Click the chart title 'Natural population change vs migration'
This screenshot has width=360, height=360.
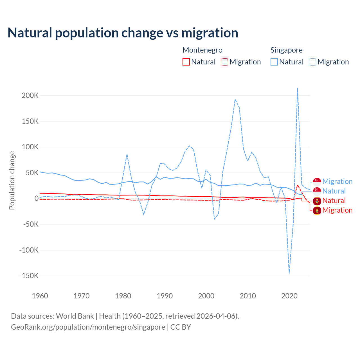click(x=123, y=33)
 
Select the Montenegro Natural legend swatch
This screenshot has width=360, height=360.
click(x=186, y=62)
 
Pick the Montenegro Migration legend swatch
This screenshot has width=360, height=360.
click(x=224, y=62)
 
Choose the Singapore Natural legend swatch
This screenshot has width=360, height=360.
click(x=274, y=62)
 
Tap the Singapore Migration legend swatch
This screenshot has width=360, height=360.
click(x=312, y=62)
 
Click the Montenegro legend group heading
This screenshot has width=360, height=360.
click(x=202, y=50)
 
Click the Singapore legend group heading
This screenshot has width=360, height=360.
click(x=287, y=50)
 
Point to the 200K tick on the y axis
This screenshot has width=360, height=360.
click(x=30, y=95)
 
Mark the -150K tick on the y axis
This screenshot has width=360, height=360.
click(x=29, y=276)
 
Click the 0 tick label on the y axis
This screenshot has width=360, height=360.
click(x=36, y=198)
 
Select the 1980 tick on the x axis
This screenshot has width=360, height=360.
click(x=123, y=296)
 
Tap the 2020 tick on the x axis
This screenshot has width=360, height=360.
click(x=289, y=296)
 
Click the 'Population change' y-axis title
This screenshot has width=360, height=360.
click(x=12, y=180)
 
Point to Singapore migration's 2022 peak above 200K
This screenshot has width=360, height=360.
click(x=298, y=88)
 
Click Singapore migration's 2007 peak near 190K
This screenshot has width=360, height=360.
click(x=235, y=100)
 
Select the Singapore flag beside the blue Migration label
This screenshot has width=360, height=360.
click(x=317, y=182)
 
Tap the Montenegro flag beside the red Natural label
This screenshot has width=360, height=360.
click(x=317, y=201)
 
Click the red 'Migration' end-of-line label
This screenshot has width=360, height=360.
click(x=337, y=210)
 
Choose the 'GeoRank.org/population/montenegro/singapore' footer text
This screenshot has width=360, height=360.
click(x=88, y=327)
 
